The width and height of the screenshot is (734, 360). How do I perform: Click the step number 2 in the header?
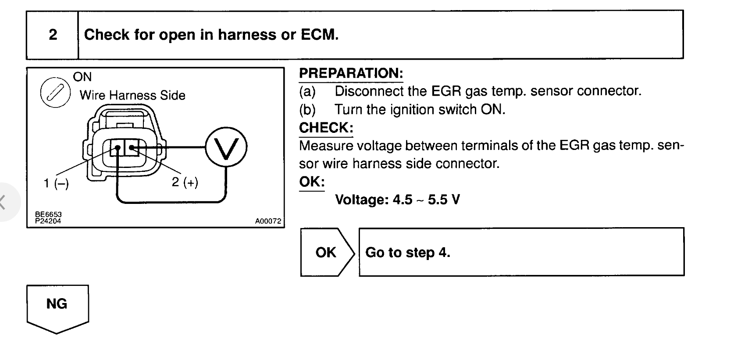pos(53,35)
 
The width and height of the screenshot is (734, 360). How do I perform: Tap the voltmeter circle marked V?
pos(226,147)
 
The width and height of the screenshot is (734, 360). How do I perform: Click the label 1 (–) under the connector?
pos(56,183)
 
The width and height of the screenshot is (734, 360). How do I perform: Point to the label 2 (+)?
pos(185,182)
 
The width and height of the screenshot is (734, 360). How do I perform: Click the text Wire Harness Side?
pos(132,95)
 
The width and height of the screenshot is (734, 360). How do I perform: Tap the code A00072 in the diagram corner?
pos(268,221)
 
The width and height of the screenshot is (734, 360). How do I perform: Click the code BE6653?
pos(48,214)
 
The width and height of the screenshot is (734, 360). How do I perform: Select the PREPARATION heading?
pos(351,73)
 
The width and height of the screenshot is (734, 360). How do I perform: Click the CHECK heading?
pos(326,128)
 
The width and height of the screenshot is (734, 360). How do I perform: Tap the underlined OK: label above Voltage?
pos(312,182)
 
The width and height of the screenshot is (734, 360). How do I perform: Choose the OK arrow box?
pos(326,252)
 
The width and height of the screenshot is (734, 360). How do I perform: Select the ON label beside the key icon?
pos(82,77)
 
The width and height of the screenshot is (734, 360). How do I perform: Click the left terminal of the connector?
pos(117,148)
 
